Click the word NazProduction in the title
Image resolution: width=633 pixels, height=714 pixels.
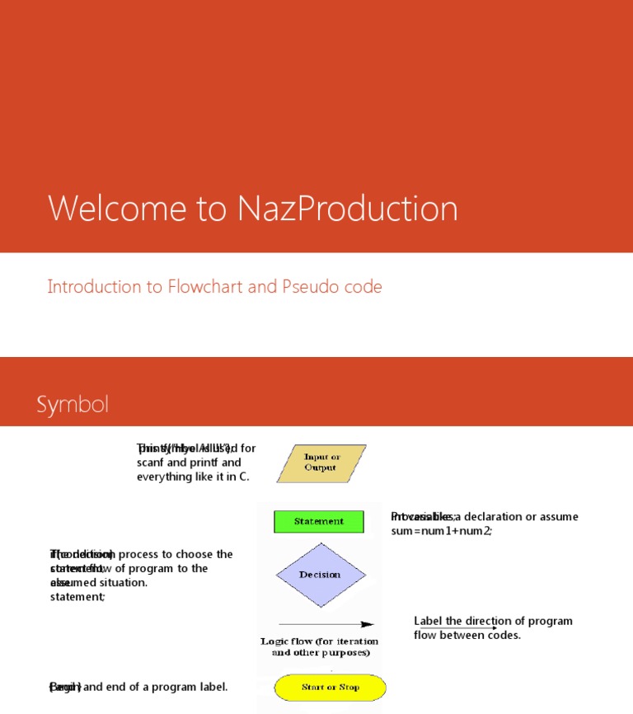pyautogui.click(x=348, y=209)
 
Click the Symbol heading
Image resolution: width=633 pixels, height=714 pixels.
pyautogui.click(x=73, y=405)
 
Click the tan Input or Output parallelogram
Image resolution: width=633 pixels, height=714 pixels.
pyautogui.click(x=321, y=463)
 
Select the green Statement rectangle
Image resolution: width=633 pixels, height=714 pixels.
pyautogui.click(x=319, y=521)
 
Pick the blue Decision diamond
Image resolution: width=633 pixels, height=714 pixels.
pyautogui.click(x=319, y=575)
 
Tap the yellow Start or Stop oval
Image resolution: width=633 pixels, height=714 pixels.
pyautogui.click(x=330, y=687)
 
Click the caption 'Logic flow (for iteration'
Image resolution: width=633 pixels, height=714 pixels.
pyautogui.click(x=319, y=641)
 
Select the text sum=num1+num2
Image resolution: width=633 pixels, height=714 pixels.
pyautogui.click(x=441, y=531)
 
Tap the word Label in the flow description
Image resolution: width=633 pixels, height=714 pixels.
pyautogui.click(x=429, y=621)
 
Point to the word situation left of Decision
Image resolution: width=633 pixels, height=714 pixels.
pyautogui.click(x=121, y=583)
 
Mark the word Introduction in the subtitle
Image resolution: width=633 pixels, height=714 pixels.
pyautogui.click(x=94, y=287)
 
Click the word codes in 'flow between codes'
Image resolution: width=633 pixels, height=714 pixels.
pyautogui.click(x=503, y=635)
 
